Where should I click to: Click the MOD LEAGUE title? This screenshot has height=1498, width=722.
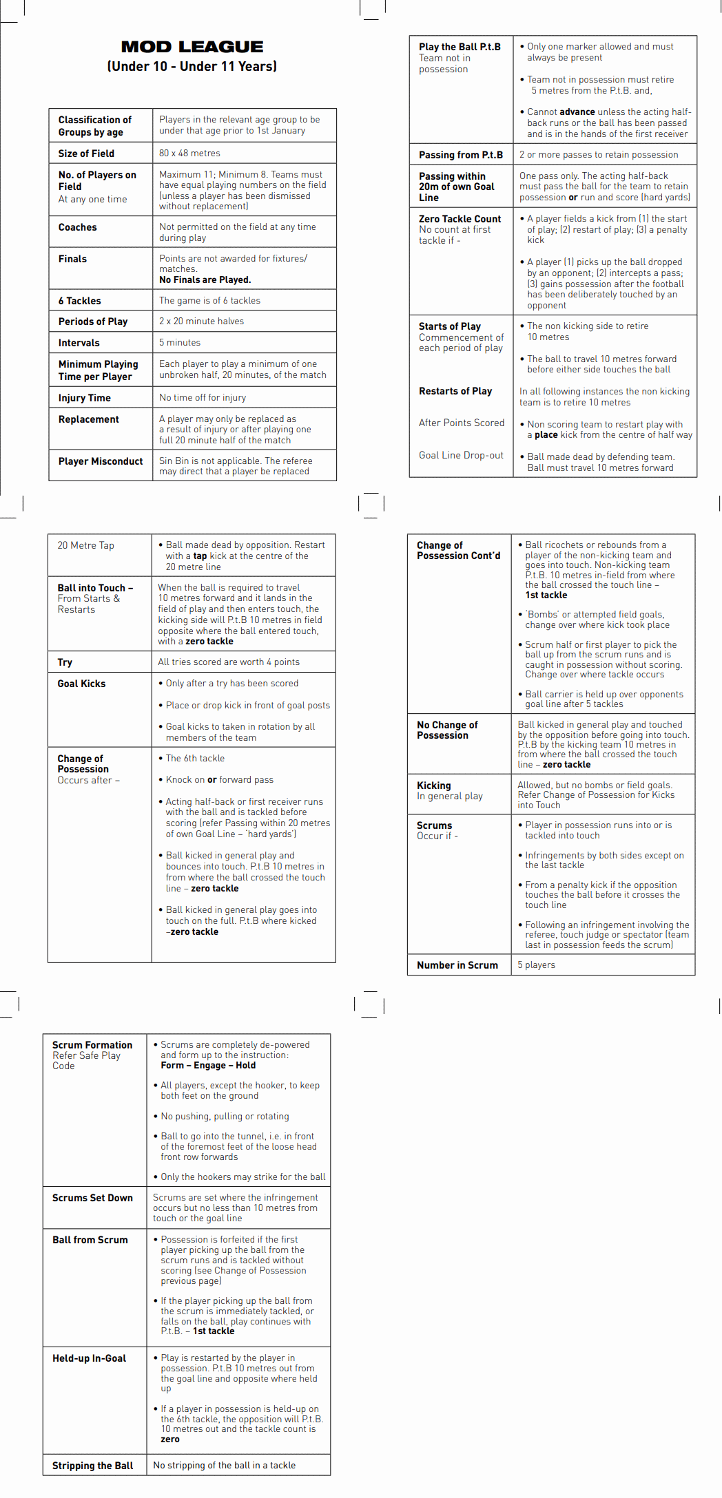point(192,47)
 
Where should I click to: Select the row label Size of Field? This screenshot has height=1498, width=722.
point(86,154)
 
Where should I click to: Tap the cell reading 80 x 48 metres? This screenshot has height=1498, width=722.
point(189,153)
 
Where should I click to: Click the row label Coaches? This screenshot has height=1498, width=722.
point(77,227)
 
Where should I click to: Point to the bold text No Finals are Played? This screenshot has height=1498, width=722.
point(205,279)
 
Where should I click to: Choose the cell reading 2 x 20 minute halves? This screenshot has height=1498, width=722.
point(201,321)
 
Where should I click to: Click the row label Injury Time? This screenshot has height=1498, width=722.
point(84,398)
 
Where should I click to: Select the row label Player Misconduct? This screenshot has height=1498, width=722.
point(101,461)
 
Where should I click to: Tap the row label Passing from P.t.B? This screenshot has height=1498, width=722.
point(460,155)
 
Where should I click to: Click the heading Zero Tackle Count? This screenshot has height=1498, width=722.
point(460,219)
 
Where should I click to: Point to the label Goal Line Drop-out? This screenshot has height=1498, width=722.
point(461,455)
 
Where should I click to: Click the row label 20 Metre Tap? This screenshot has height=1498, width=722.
point(85,545)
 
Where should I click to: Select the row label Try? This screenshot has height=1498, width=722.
point(65,662)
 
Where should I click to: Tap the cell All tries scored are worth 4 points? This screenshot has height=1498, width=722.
point(229,662)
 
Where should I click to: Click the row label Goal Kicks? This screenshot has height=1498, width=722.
point(81,684)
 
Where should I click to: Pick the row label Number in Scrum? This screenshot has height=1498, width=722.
point(457,965)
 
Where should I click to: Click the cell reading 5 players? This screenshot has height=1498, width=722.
point(536,965)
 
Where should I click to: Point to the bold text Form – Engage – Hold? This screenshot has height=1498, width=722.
point(208,1065)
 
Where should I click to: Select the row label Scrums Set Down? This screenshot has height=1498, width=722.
point(92,1198)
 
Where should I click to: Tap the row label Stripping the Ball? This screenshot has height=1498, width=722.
point(92,1466)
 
